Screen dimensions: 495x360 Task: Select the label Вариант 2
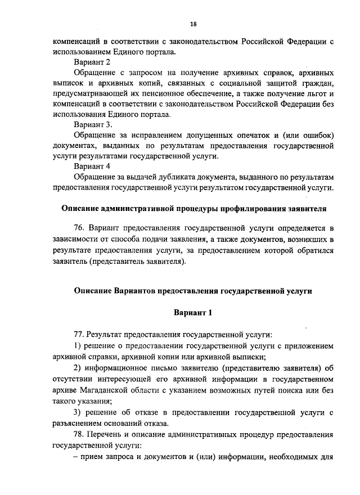click(x=92, y=63)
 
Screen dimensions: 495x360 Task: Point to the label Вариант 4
click(x=92, y=166)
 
